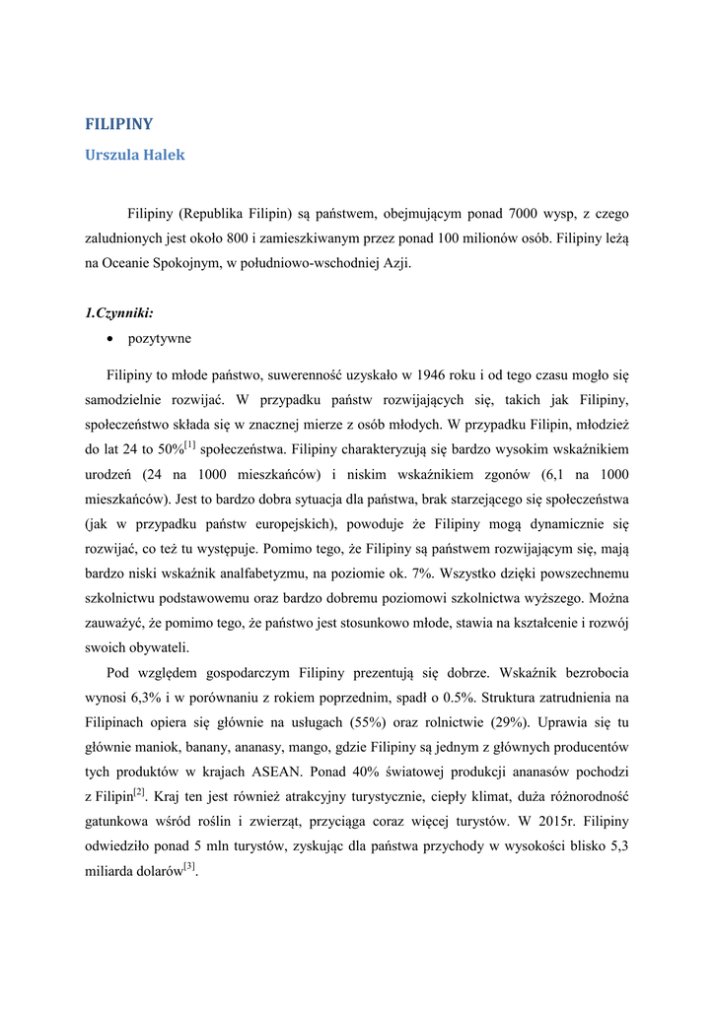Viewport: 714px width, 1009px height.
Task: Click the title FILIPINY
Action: click(x=119, y=125)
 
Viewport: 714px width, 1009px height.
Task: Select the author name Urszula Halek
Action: click(x=135, y=155)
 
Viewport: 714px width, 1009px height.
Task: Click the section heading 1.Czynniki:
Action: click(x=119, y=313)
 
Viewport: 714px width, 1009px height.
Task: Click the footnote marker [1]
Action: click(x=190, y=445)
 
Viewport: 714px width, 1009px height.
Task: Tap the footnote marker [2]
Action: click(x=140, y=792)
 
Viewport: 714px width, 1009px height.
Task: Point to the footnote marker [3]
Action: click(x=190, y=867)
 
